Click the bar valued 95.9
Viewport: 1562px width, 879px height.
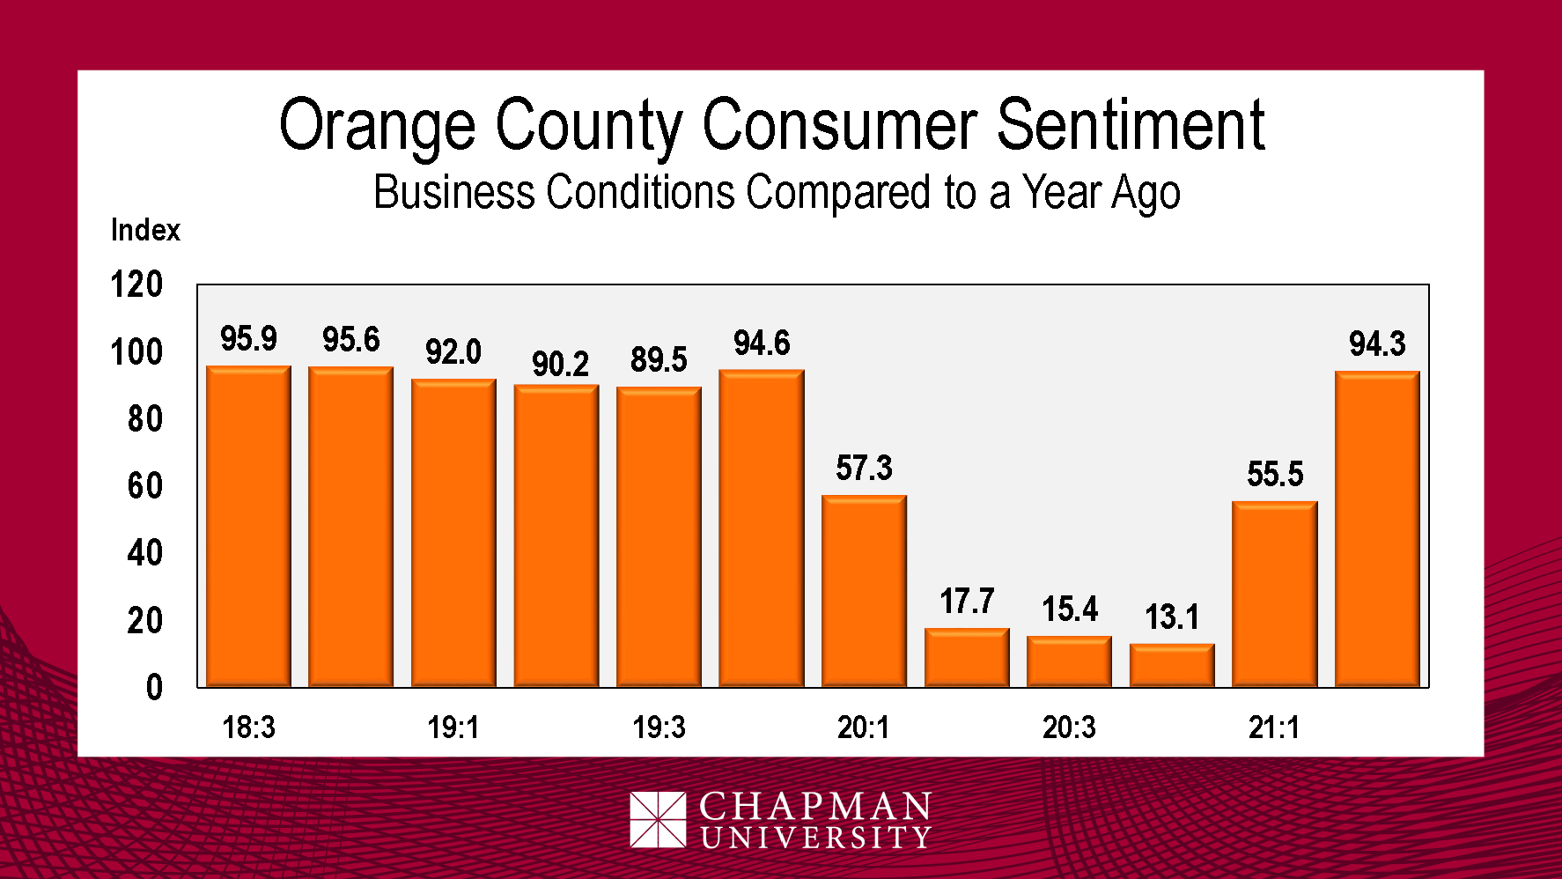[x=248, y=526]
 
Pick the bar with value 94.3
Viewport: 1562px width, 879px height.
[x=1377, y=528]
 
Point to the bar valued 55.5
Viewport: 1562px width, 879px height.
[x=1274, y=594]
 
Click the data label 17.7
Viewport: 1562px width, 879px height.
[x=967, y=602]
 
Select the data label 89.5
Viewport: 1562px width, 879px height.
[x=659, y=360]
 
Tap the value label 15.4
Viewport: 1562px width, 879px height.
[x=1070, y=609]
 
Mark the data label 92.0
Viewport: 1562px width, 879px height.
[x=453, y=352]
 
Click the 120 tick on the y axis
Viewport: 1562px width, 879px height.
[x=136, y=284]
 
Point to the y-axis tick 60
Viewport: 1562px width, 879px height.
[x=145, y=486]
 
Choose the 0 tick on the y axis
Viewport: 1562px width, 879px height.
[x=154, y=688]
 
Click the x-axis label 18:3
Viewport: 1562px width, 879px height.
[x=248, y=728]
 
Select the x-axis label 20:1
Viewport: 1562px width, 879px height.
[x=864, y=728]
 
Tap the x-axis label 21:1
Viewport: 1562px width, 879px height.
[x=1274, y=728]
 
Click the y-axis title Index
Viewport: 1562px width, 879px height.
[x=145, y=230]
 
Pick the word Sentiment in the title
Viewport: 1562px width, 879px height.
[x=1131, y=125]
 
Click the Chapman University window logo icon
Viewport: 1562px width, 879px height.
[x=658, y=819]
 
